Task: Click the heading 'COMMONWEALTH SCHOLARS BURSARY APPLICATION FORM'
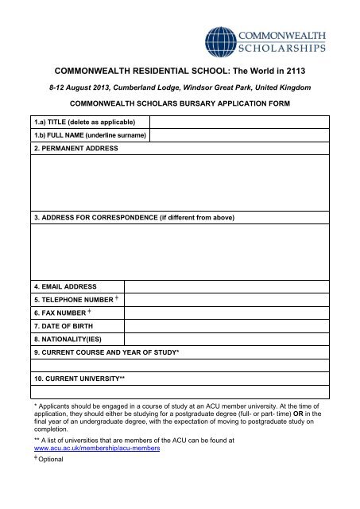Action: [180, 104]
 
